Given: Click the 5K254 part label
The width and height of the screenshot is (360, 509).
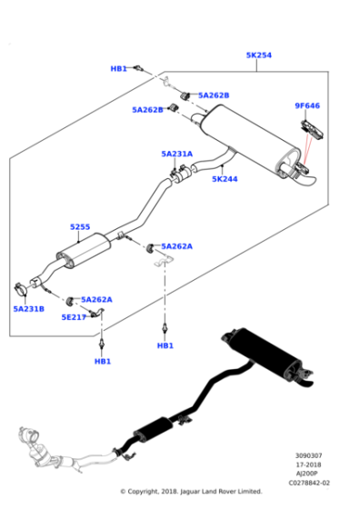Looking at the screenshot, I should (258, 55).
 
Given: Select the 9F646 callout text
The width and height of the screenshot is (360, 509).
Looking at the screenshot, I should (306, 105).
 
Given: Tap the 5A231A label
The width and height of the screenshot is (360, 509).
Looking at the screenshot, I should (177, 155).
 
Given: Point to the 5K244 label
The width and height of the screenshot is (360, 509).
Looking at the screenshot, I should (225, 179).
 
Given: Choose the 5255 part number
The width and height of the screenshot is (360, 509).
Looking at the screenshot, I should (80, 227).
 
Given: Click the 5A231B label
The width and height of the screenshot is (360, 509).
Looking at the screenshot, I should (29, 309).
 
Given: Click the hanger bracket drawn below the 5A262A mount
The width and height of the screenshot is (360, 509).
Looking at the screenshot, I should (163, 263).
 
